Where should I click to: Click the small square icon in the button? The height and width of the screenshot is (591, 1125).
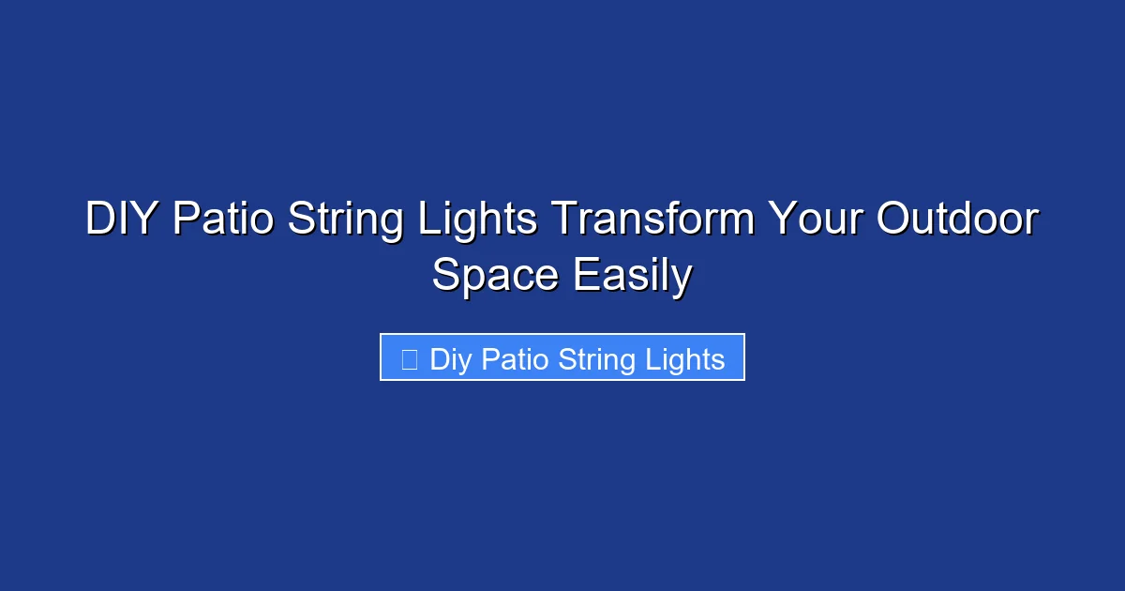pos(409,358)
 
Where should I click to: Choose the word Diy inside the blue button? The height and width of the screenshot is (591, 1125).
pos(451,359)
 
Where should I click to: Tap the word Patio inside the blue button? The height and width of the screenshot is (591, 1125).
pos(515,358)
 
